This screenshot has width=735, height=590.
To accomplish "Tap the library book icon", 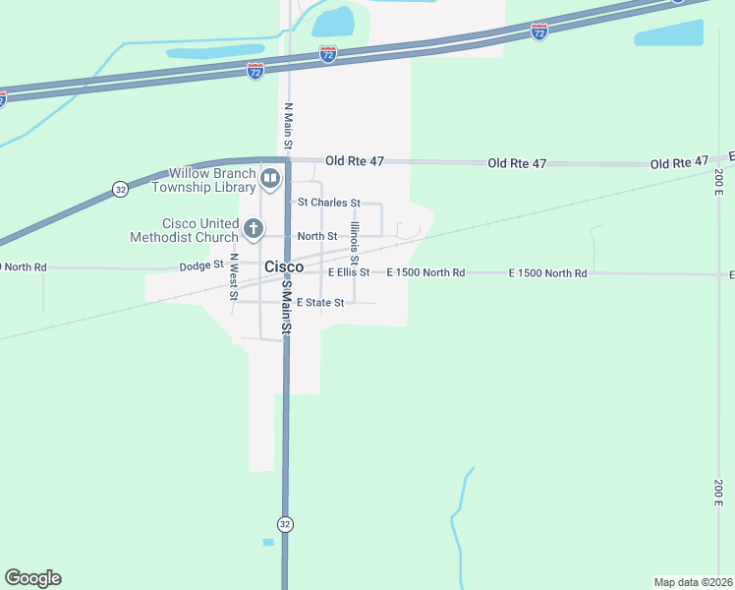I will [270, 178].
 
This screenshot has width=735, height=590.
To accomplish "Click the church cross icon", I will [253, 230].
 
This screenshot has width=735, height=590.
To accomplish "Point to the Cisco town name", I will [283, 266].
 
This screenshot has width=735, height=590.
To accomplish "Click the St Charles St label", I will [329, 203].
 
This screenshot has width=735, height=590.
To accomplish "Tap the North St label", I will [317, 236].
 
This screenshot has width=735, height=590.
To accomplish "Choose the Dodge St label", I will [201, 265].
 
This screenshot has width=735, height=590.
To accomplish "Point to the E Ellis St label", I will [349, 272].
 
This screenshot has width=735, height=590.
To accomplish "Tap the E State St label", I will [320, 303].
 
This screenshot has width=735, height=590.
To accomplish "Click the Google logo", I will [32, 578].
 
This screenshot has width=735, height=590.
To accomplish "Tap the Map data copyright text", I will [693, 581].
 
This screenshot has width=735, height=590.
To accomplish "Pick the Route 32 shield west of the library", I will [119, 189].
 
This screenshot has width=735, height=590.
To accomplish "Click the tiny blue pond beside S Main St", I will [268, 542].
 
